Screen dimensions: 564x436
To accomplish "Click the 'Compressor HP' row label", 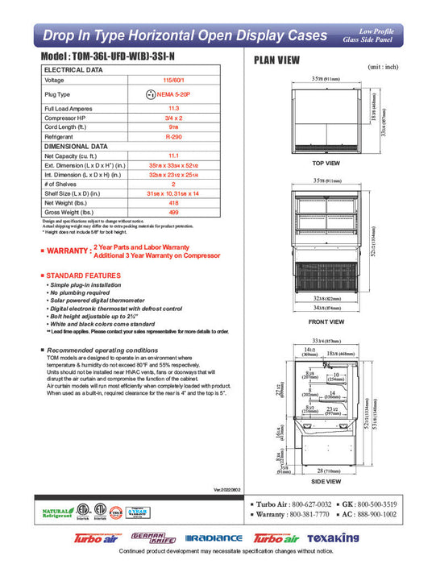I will pos(67,118).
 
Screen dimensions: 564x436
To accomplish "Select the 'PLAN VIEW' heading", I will pos(277,60).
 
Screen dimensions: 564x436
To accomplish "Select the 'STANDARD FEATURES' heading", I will pos(83,276).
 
